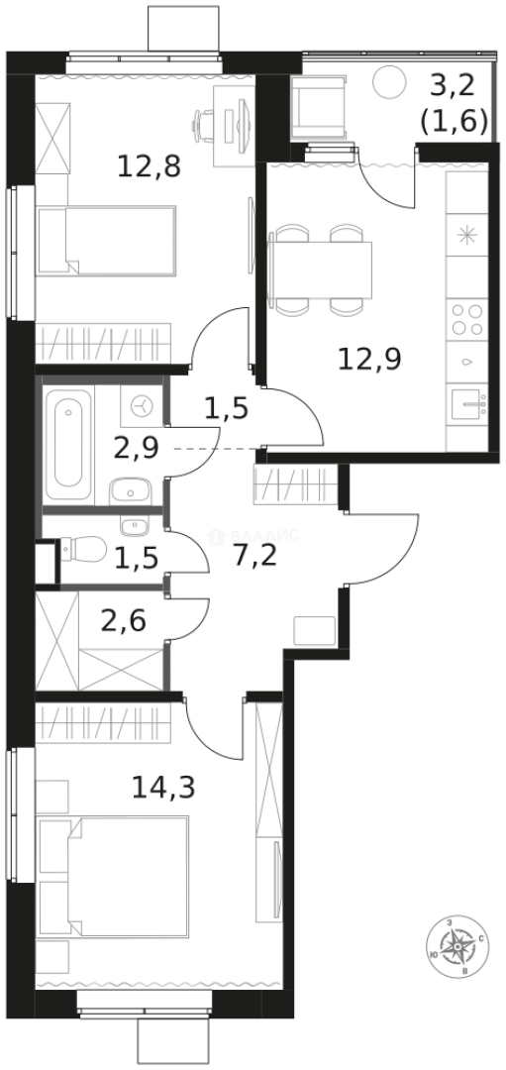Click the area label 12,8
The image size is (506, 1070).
coord(149,166)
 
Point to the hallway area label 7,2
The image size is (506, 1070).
coord(255,554)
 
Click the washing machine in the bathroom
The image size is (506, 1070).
coord(142,406)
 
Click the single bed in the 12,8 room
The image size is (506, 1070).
coord(106,240)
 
